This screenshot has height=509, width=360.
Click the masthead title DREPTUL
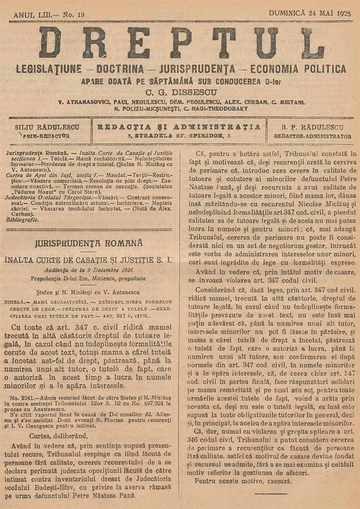point(181,43)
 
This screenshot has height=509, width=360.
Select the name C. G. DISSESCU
point(181,92)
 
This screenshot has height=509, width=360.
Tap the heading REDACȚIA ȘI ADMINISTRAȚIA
point(179,127)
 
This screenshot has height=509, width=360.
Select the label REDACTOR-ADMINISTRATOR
point(313,136)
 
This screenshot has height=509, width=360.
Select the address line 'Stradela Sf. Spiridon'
point(181,136)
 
